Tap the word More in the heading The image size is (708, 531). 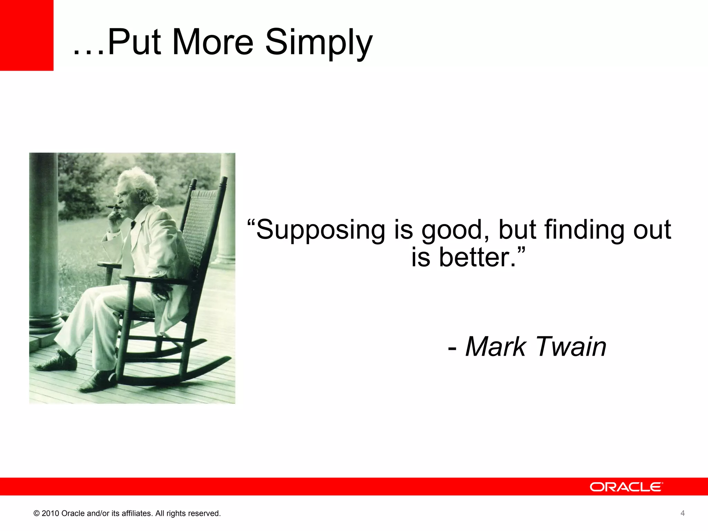coord(213,42)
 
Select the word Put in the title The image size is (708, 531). coord(134,42)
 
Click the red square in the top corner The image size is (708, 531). coord(26,35)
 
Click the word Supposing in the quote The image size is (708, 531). coord(320,230)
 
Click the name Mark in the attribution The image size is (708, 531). coord(495,346)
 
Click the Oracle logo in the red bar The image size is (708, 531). coord(626,487)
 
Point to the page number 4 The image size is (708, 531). coord(682,513)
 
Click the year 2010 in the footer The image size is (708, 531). coord(50,513)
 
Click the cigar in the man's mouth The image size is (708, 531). coord(111,207)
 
